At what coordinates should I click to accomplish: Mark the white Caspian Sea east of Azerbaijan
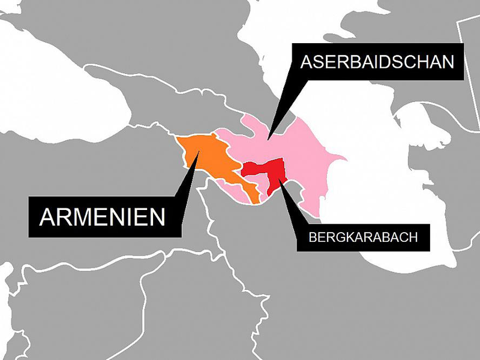390,198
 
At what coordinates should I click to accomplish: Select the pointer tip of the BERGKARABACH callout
277,180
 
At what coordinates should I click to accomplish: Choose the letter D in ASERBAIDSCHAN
385,62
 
